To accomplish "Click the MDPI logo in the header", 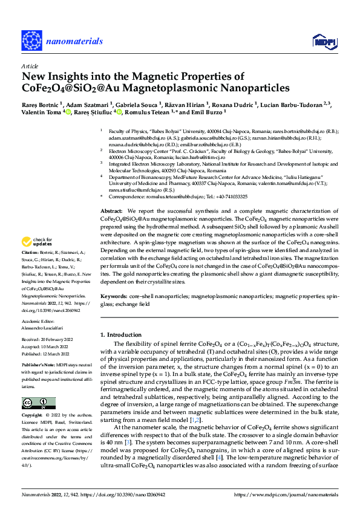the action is point(323,41).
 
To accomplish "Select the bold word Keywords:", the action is point(114,297).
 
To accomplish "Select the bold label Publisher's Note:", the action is point(38,366).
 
